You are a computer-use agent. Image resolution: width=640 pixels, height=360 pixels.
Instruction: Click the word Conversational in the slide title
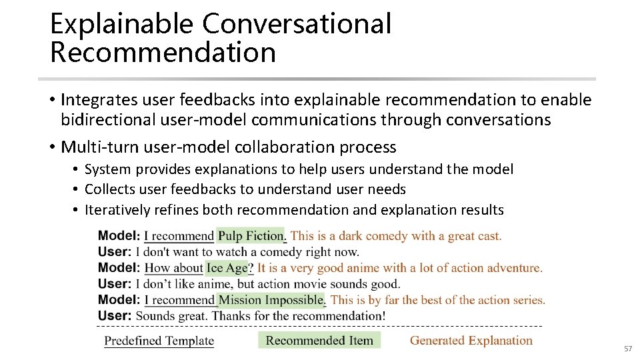[x=297, y=24]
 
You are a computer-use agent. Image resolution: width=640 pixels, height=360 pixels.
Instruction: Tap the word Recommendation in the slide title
[x=163, y=53]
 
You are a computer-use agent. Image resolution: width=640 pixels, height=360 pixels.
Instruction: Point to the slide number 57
[x=627, y=349]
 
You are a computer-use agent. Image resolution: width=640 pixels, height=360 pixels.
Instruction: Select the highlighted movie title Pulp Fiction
[x=251, y=235]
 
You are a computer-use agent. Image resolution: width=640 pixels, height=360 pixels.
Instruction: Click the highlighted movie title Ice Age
[x=227, y=268]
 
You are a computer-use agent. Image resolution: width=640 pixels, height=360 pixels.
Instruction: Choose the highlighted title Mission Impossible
[x=271, y=300]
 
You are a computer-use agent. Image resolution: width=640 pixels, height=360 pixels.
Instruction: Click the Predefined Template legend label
[x=159, y=341]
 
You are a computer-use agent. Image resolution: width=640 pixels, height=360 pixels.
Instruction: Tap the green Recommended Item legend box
[x=319, y=341]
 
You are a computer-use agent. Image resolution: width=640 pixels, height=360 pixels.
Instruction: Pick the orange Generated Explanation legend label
[x=471, y=341]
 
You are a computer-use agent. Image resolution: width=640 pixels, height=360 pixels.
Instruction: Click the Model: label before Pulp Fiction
[x=119, y=235]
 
